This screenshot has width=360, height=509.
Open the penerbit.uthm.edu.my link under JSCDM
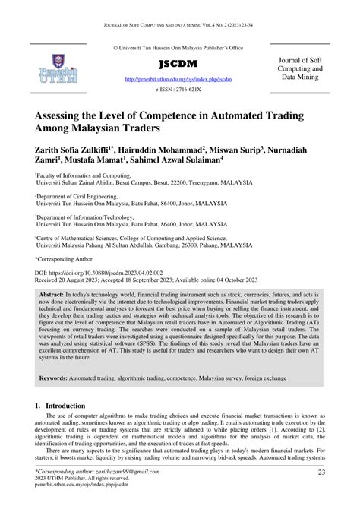179,78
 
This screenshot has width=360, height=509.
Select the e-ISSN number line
179,89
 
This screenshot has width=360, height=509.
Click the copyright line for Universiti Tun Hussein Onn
179,47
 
